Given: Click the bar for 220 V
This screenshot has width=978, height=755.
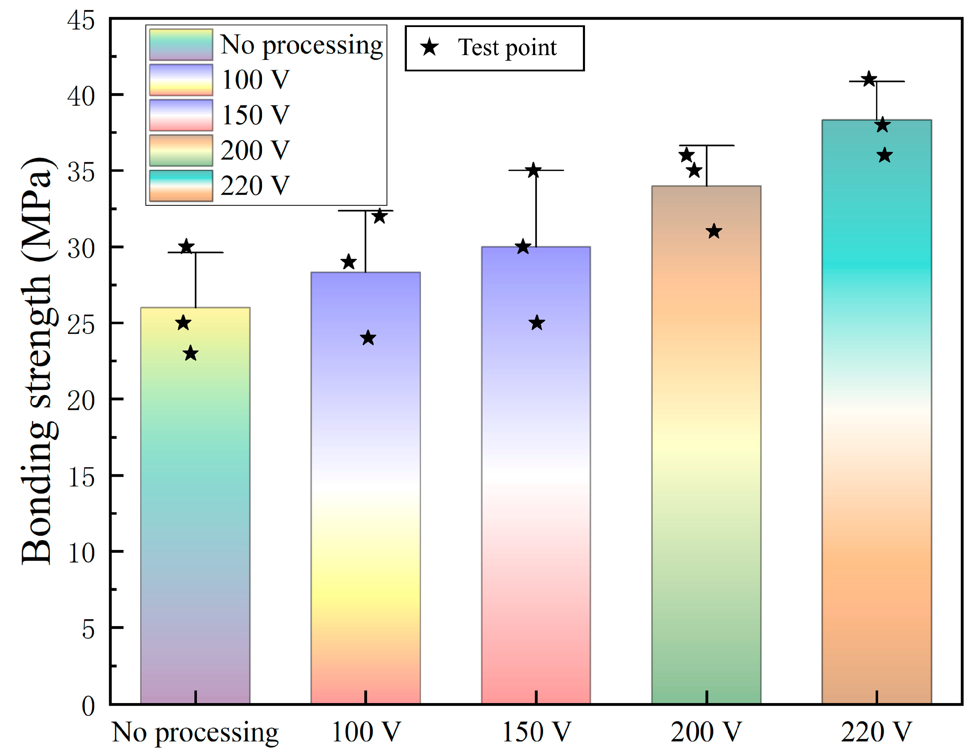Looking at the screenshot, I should [876, 412].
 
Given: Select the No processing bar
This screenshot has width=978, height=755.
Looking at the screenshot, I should [195, 506].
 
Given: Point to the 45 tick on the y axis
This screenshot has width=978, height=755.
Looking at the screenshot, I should [81, 20].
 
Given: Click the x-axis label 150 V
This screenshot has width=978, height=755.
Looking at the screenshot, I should [536, 732].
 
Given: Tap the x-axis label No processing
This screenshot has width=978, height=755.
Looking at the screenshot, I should [195, 732].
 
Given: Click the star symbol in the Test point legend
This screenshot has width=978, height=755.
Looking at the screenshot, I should [429, 47].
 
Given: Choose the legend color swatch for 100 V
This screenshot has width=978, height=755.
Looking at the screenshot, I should [181, 80].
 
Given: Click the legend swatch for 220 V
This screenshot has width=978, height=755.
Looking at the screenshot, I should [181, 185].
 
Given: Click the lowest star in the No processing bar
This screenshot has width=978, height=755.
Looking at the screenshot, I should [191, 353].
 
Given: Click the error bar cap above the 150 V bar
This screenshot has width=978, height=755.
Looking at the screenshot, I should [536, 170].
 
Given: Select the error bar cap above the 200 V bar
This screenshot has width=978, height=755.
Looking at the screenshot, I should [706, 146].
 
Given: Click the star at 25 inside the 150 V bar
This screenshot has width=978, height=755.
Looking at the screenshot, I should [537, 323].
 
